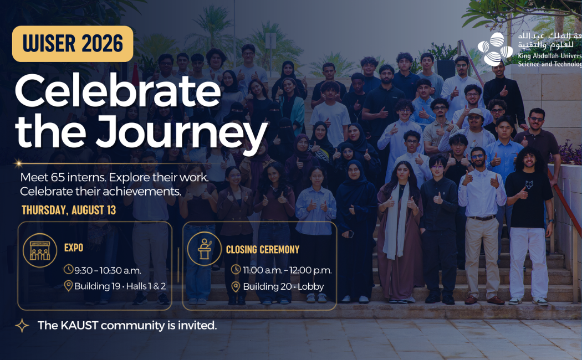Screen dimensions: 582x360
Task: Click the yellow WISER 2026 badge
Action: click(x=73, y=44)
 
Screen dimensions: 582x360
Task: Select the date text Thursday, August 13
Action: click(x=69, y=210)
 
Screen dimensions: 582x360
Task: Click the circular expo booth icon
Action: click(x=40, y=250)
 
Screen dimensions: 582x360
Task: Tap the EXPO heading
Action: click(x=74, y=248)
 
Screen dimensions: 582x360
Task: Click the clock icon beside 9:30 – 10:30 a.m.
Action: click(x=68, y=269)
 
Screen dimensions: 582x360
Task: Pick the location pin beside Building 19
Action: click(x=68, y=286)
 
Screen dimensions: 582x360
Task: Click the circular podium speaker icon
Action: click(x=204, y=249)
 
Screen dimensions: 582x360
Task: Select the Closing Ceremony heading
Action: click(x=263, y=250)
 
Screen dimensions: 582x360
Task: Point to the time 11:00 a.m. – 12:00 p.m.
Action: click(x=287, y=270)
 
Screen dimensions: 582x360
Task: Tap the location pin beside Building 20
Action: click(x=236, y=286)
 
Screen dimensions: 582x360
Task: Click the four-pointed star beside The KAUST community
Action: click(x=22, y=326)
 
